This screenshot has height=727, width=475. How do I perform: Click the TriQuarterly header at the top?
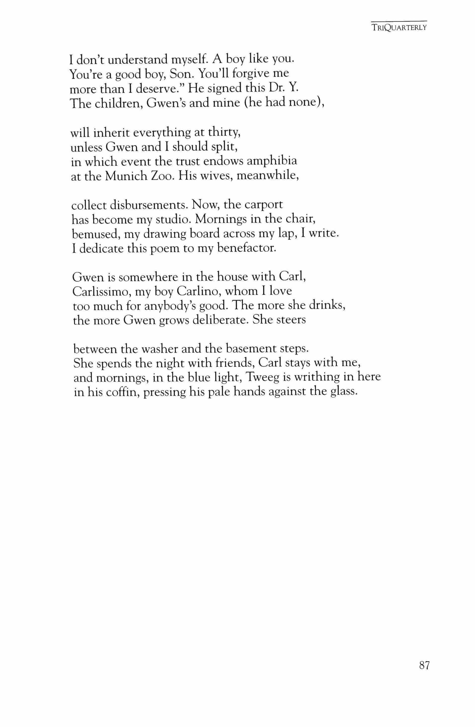[399, 28]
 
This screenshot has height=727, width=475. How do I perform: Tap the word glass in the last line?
[343, 392]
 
